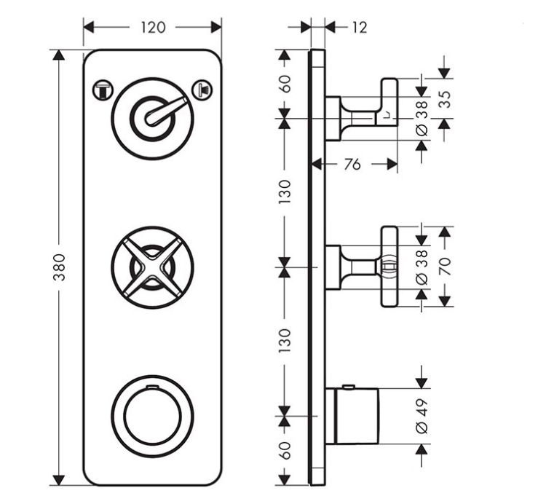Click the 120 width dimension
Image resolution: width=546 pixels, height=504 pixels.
[x=153, y=28]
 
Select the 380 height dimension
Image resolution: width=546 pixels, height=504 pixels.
[x=60, y=268]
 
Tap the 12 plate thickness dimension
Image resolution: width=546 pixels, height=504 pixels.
[x=359, y=28]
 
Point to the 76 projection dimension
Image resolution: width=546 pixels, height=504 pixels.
[x=352, y=165]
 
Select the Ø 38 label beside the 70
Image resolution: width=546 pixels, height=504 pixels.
[x=422, y=268]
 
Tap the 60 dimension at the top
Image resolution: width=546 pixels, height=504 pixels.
[x=285, y=84]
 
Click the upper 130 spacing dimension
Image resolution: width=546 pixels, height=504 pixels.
[x=285, y=192]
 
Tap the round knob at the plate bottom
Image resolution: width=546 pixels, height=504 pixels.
[x=152, y=417]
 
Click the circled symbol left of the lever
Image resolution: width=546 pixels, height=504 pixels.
[x=103, y=90]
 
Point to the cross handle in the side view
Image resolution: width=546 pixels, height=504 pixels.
[x=388, y=267]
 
